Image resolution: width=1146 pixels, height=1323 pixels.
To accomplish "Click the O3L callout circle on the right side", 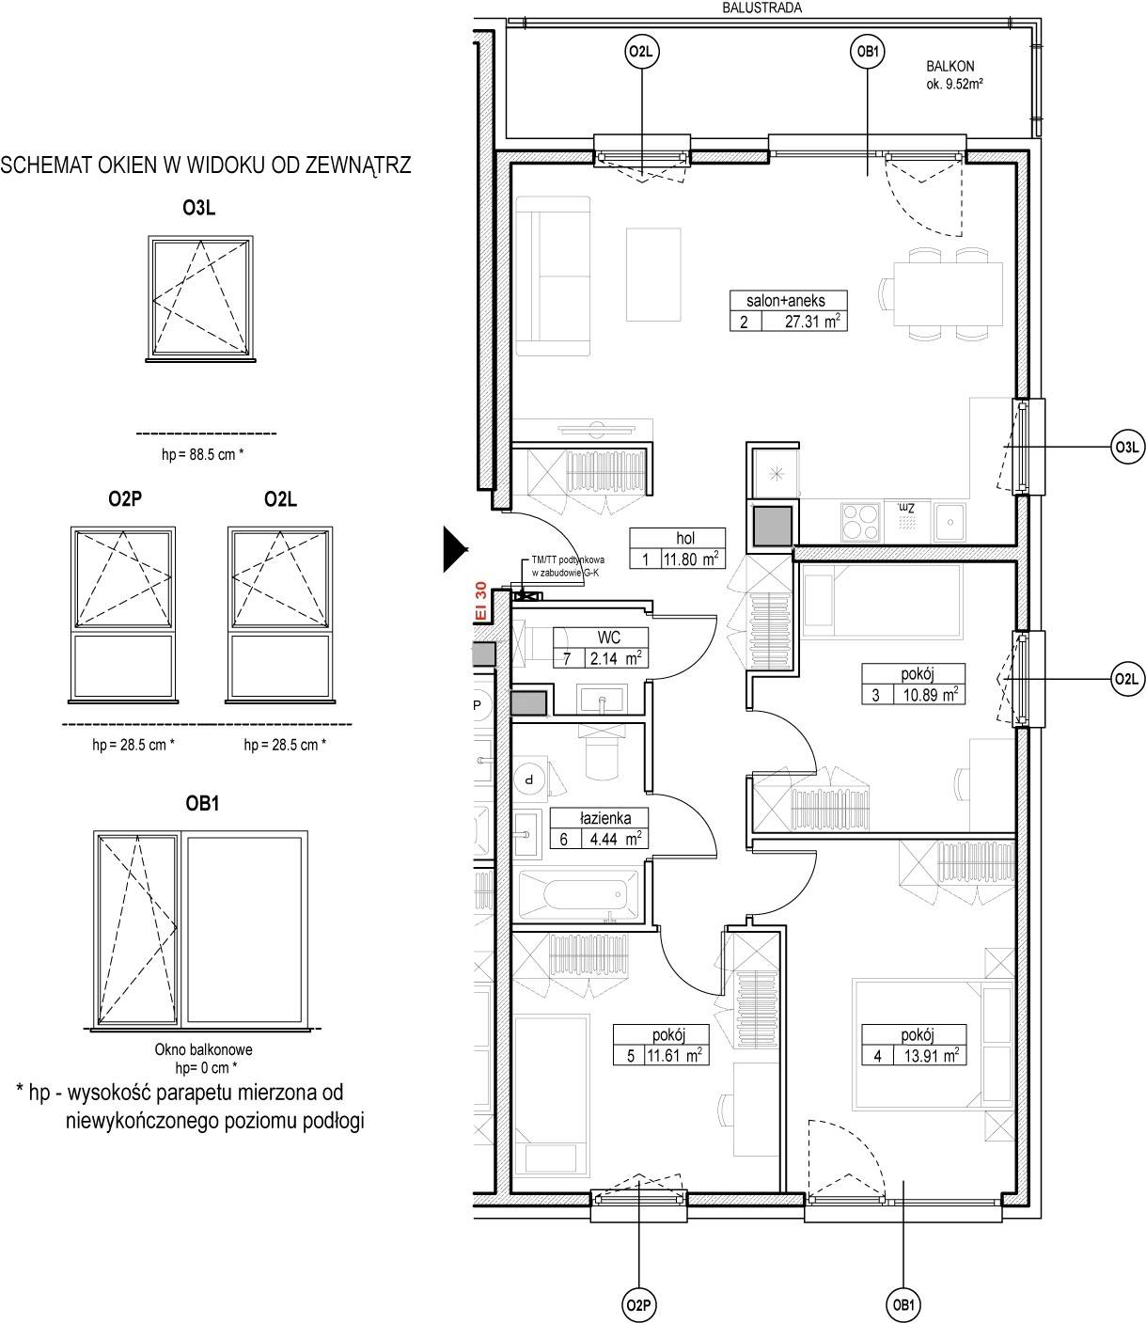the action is [1127, 447].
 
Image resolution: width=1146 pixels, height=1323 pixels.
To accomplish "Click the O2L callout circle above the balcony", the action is [641, 52].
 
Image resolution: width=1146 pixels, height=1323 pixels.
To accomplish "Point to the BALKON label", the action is [950, 66].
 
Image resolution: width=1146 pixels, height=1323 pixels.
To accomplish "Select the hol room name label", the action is [685, 538].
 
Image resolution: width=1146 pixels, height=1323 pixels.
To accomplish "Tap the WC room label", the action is [608, 638].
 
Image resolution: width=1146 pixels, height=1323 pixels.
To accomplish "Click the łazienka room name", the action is [605, 819].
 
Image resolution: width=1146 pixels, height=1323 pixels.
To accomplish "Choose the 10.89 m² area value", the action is [931, 695].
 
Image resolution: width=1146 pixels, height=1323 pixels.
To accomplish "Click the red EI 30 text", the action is [480, 601].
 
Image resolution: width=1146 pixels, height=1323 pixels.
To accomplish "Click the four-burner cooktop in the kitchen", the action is [861, 522].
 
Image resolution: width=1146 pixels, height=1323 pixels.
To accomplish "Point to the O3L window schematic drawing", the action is [201, 299].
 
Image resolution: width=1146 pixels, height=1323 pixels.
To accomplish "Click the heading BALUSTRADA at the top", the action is [761, 8].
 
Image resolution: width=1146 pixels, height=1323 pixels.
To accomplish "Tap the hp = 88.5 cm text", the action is [202, 454].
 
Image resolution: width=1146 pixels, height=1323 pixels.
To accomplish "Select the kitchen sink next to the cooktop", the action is [950, 522].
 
